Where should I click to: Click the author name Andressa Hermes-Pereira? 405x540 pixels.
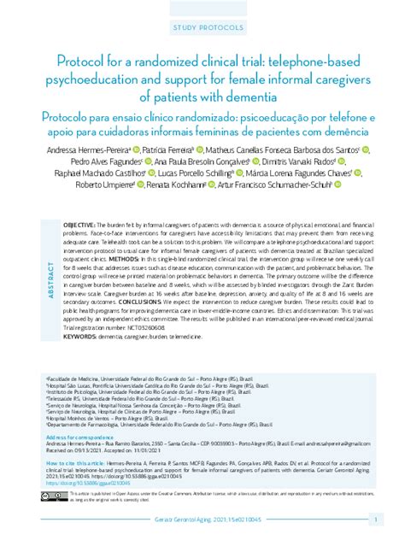(98, 150)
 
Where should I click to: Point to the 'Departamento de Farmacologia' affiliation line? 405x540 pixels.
(162, 423)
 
